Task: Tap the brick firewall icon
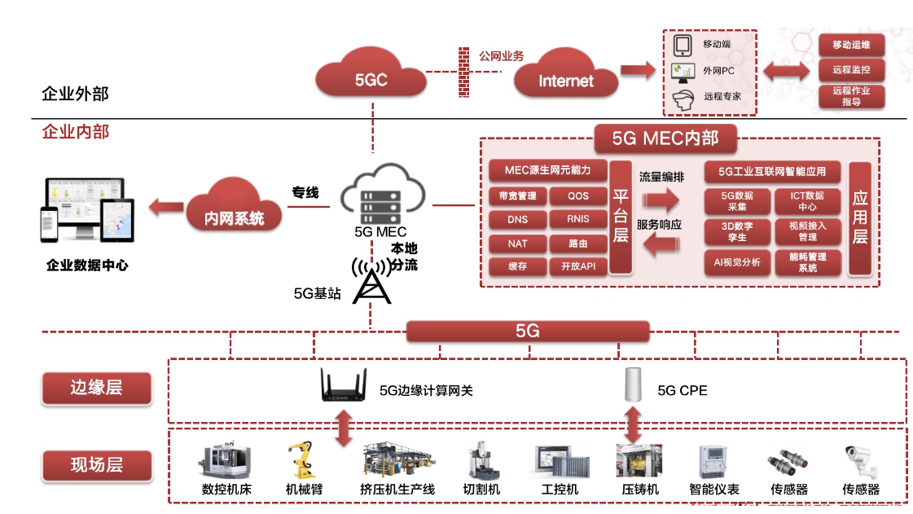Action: coord(465,71)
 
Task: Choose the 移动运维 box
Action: coord(851,45)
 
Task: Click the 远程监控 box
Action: coord(851,70)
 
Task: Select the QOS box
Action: coord(578,195)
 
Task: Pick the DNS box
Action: coord(517,219)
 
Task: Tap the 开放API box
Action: coord(578,266)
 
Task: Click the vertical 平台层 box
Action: coord(621,217)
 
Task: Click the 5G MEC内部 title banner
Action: coord(665,138)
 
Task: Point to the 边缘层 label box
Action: coord(96,388)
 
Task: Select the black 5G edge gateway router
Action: coord(345,388)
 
